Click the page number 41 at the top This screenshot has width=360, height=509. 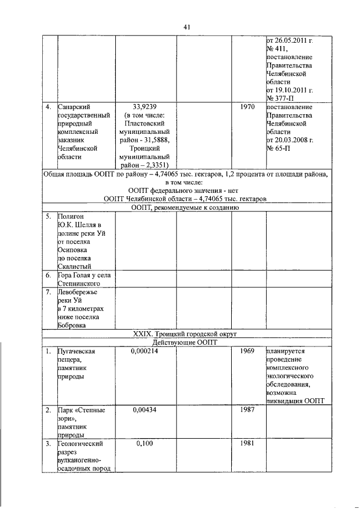click(188, 26)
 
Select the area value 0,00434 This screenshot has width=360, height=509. click(145, 410)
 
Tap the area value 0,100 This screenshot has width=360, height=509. click(145, 444)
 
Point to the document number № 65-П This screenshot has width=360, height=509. click(280, 148)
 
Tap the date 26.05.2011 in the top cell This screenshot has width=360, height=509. click(293, 39)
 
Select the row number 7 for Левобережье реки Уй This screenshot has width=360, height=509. click(49, 292)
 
